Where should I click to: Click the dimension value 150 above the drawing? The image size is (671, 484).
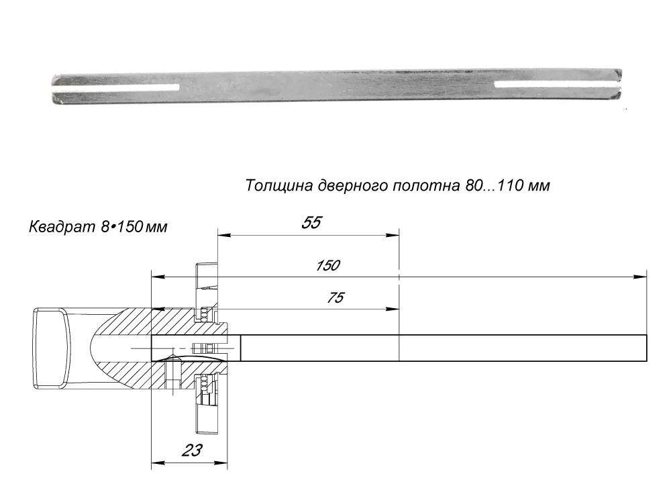[327, 265]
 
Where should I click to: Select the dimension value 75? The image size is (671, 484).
[331, 298]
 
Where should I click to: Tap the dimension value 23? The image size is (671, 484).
[192, 450]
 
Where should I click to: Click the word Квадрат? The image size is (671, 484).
[56, 228]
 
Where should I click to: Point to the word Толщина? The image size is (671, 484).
[275, 185]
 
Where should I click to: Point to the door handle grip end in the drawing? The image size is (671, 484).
[50, 348]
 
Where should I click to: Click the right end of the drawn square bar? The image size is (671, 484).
[646, 348]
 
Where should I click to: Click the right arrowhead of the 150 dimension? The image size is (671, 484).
[642, 277]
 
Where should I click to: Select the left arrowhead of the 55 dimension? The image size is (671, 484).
[222, 235]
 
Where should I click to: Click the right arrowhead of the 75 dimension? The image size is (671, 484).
[395, 309]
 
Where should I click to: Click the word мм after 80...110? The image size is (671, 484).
[539, 186]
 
